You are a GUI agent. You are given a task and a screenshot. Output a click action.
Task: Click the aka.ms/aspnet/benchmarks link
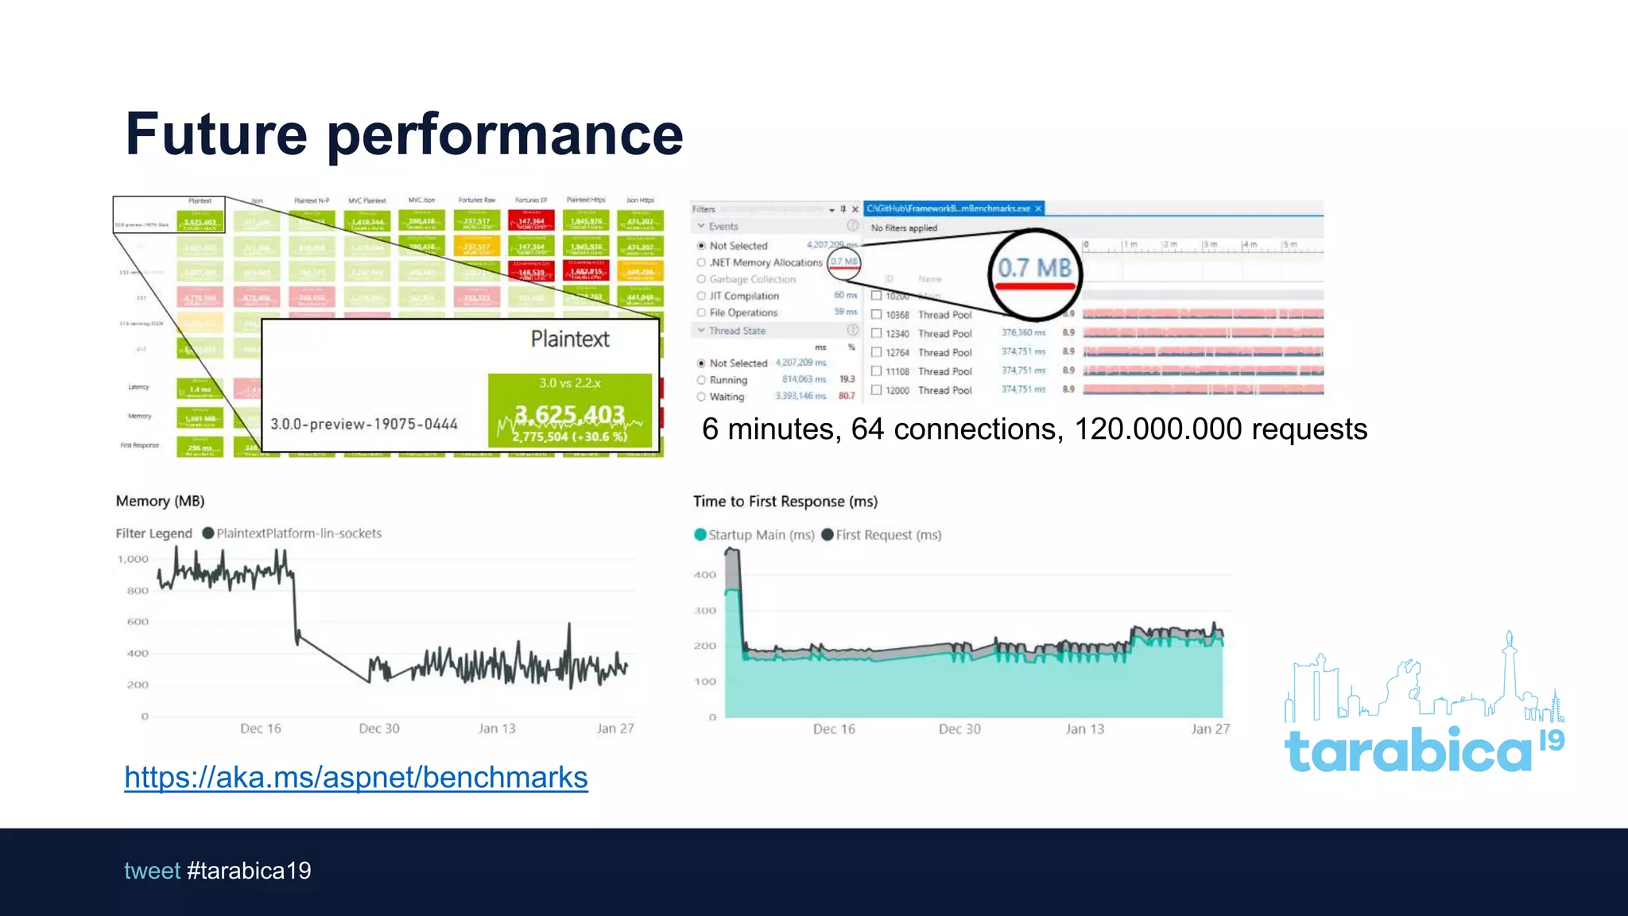[355, 778]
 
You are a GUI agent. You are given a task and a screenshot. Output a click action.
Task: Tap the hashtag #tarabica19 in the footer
[249, 871]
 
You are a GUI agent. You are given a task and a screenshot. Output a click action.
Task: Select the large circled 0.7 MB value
[1034, 269]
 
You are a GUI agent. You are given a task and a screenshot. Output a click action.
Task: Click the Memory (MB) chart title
[160, 501]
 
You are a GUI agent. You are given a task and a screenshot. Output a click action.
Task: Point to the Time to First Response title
[785, 502]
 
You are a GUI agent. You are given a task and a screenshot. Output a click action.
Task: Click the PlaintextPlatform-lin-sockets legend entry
[298, 534]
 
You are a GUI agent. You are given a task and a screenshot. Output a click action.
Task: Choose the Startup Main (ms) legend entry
[761, 535]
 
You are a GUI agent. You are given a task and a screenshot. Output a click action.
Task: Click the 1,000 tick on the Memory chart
[134, 559]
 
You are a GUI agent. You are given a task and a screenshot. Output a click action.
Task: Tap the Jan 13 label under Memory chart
[497, 728]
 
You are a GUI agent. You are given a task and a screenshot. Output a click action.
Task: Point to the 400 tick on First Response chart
[705, 575]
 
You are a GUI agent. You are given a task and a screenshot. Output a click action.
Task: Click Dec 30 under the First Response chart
[959, 729]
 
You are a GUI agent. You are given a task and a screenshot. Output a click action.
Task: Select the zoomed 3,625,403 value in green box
[569, 414]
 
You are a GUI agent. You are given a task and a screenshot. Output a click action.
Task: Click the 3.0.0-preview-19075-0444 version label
[364, 425]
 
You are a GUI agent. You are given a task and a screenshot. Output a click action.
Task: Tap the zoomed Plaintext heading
[570, 340]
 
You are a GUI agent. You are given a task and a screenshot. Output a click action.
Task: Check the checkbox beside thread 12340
[876, 334]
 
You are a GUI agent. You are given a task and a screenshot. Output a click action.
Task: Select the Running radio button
[701, 380]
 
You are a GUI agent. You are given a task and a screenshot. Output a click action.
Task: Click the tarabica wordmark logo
[1408, 751]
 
